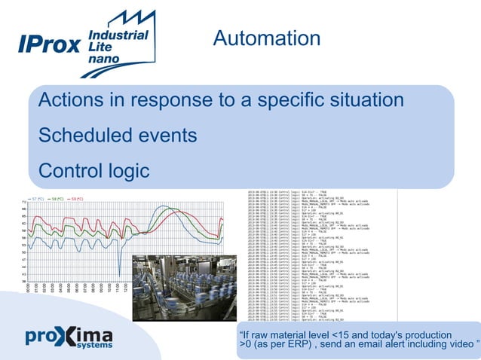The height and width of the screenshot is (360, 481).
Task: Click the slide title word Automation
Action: (x=266, y=38)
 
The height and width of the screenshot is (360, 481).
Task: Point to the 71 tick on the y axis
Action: (x=24, y=203)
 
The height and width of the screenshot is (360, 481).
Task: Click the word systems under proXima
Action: (x=93, y=348)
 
